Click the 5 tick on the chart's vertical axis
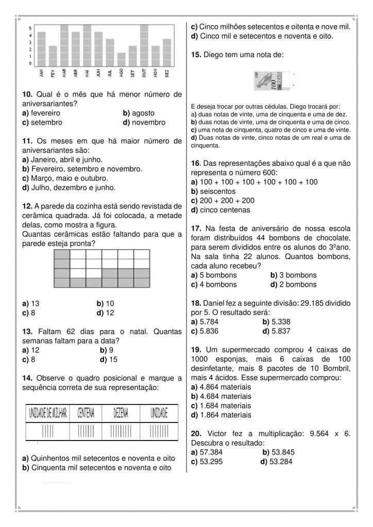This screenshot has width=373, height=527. click(x=30, y=28)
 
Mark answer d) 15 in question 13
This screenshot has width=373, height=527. click(x=109, y=359)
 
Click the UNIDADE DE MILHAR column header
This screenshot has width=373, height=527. click(x=48, y=412)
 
